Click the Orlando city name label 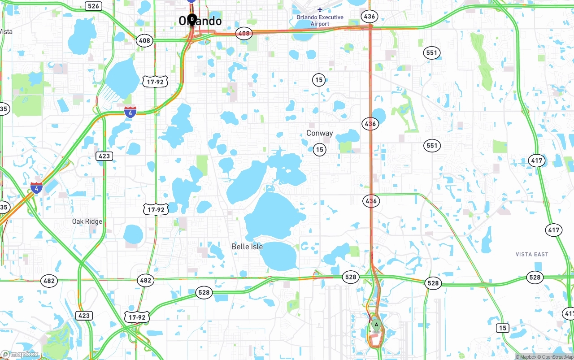200,21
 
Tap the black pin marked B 192,20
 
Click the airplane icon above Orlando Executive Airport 320,9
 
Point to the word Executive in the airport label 326,17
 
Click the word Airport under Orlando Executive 320,24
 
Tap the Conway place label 319,133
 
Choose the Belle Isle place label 247,247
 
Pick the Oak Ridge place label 87,221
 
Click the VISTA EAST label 532,254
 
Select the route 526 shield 94,6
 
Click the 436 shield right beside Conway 370,124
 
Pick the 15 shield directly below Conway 319,150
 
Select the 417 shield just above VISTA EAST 554,230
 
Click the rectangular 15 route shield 503,328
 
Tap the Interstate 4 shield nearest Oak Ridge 37,188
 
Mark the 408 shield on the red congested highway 244,33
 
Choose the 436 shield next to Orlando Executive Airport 370,17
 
